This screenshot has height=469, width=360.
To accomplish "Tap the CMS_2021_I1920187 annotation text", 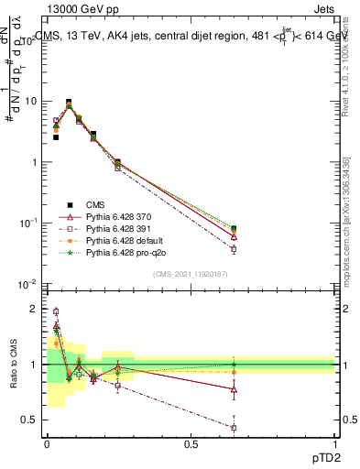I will pos(191,275).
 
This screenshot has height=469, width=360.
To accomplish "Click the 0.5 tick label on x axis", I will pos(190,443).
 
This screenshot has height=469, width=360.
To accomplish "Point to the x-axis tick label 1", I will pos(334,443).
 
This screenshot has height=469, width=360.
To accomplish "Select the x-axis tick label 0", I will pos(47,443).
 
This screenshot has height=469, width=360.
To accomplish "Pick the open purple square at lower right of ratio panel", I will pos(234,428).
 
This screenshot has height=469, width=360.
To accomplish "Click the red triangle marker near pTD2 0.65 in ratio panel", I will pos(234,389).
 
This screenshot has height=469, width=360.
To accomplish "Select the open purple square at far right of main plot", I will pos(234,249).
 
